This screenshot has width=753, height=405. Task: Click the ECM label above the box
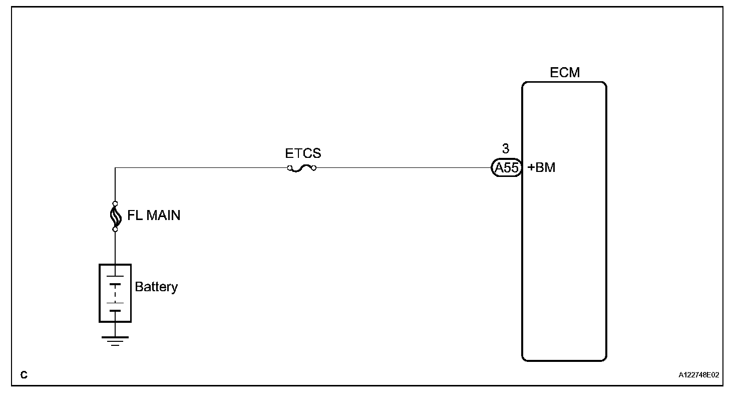click(x=564, y=73)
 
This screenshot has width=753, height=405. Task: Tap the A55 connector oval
click(x=506, y=168)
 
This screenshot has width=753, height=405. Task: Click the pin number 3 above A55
click(x=506, y=149)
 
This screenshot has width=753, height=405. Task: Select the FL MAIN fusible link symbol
click(x=115, y=216)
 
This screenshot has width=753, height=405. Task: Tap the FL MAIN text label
click(x=154, y=216)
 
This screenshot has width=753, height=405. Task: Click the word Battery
click(x=156, y=287)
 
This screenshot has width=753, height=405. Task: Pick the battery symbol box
click(x=115, y=293)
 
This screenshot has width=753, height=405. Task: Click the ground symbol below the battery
click(x=115, y=340)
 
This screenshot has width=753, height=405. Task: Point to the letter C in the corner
click(x=24, y=375)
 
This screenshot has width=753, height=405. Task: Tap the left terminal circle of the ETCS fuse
click(x=290, y=168)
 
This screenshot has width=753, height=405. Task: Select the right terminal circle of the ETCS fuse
click(x=313, y=168)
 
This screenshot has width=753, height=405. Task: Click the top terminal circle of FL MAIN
click(x=115, y=204)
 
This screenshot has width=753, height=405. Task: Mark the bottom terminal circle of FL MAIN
click(x=115, y=229)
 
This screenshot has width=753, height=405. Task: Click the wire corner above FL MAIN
click(x=115, y=168)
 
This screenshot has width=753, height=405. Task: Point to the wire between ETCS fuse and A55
click(x=401, y=168)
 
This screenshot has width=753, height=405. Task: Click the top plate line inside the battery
click(x=115, y=276)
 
